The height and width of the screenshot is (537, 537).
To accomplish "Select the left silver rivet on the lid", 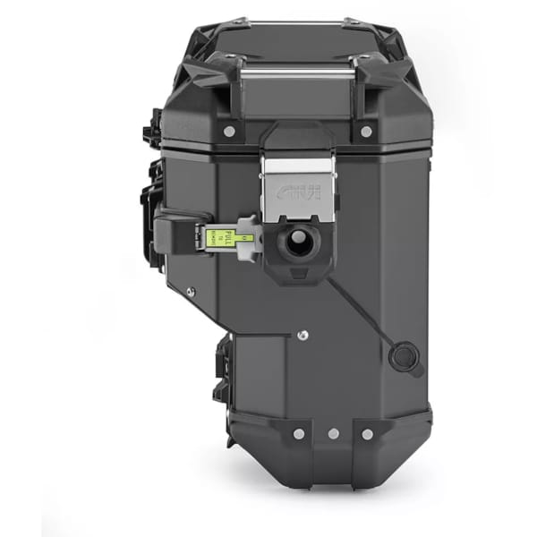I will coord(229,131).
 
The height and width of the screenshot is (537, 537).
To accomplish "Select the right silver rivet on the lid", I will coord(366,131).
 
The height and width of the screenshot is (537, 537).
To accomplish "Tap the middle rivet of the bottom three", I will coord(333,434).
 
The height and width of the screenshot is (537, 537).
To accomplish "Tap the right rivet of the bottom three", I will coord(367,434).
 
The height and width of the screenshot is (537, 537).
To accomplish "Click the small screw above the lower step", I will coord(303,336).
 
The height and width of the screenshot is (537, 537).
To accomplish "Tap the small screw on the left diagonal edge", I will coord(189,291).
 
